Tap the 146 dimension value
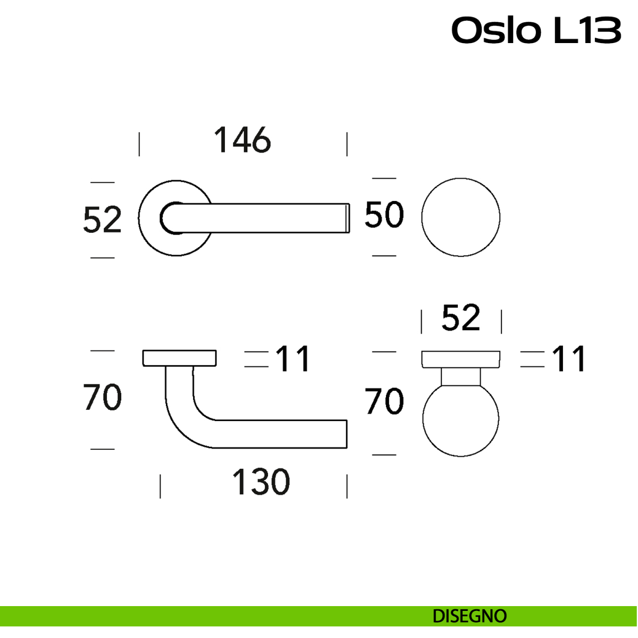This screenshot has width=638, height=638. [x=242, y=140]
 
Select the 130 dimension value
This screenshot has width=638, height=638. [x=261, y=482]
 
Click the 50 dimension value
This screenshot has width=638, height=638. [x=384, y=215]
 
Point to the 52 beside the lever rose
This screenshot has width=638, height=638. [x=103, y=220]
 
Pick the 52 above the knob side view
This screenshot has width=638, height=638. [x=461, y=318]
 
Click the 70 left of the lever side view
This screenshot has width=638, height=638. [x=103, y=398]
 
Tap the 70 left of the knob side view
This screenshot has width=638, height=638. [x=384, y=401]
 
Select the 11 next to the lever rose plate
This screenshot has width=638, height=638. [x=293, y=359]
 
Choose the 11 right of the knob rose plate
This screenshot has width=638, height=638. [x=569, y=359]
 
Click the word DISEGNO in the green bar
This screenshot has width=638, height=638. [x=469, y=616]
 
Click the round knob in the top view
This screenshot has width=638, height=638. [x=461, y=217]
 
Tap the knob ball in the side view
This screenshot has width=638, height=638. [x=461, y=419]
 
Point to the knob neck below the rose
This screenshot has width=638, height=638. [x=461, y=376]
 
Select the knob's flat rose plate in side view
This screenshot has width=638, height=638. [x=461, y=359]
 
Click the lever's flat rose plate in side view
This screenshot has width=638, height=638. [x=179, y=358]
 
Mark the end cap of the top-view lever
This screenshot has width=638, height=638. [x=348, y=218]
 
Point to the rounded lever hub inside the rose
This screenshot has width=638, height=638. [x=171, y=218]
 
